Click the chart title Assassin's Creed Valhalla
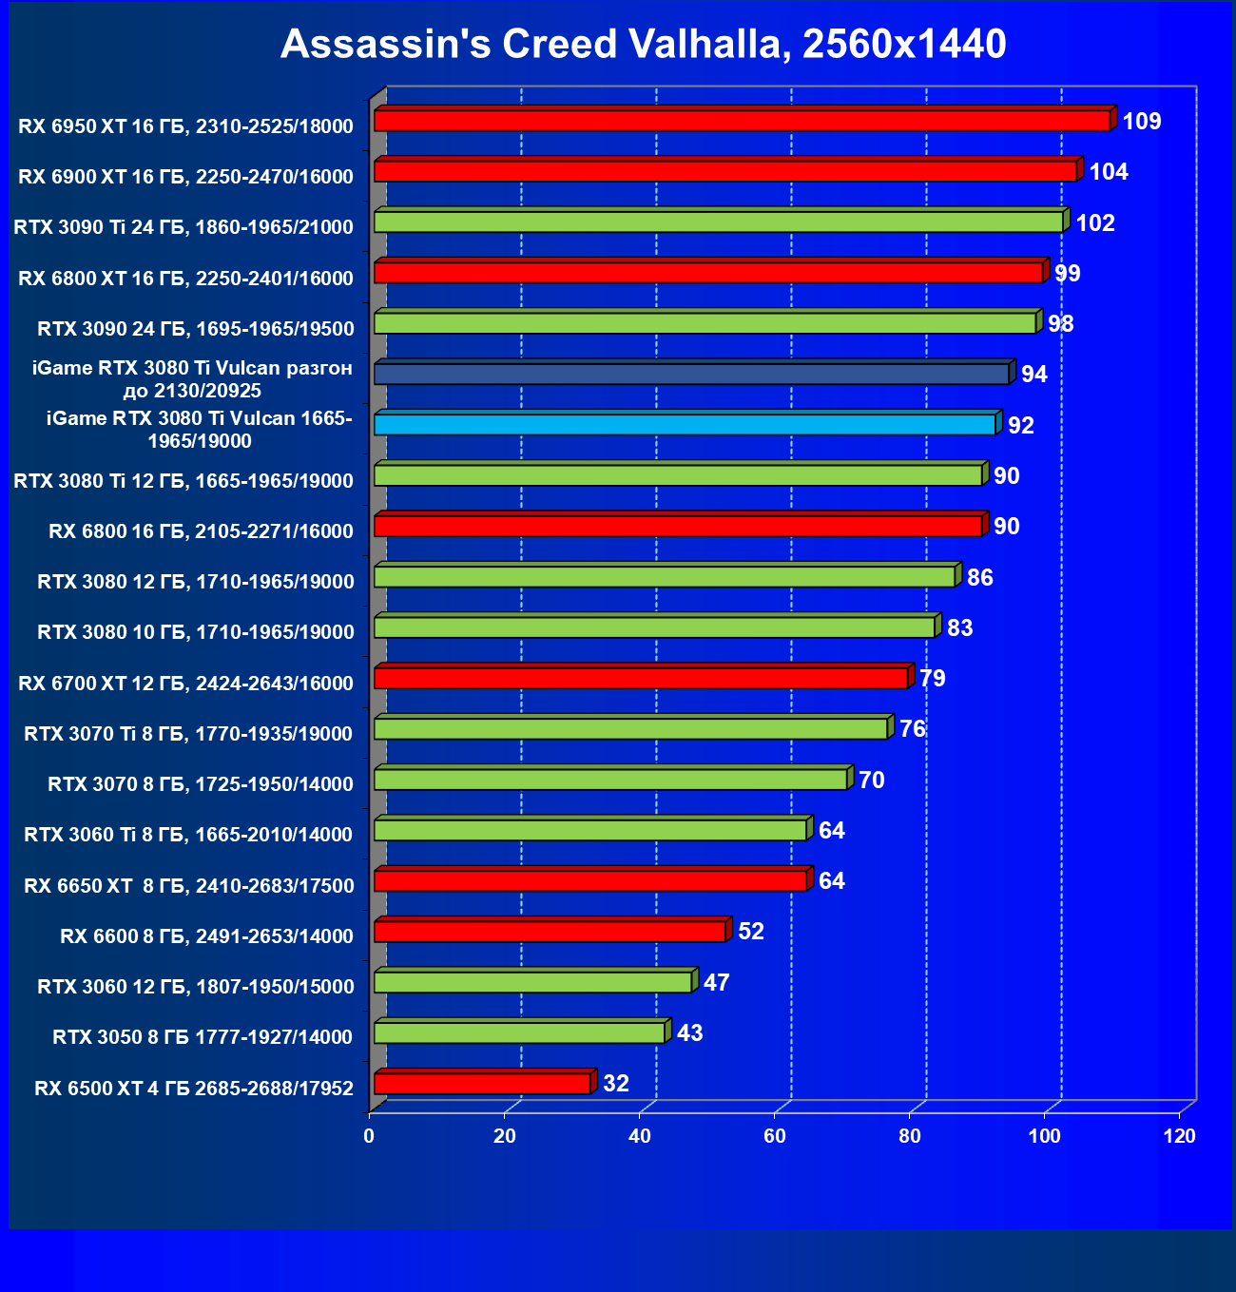[643, 44]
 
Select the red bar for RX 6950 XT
[742, 121]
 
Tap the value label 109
[1141, 122]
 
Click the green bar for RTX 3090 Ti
[718, 222]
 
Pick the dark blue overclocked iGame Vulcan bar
[691, 374]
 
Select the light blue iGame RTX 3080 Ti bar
[685, 424]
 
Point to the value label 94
[1033, 375]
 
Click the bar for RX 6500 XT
[482, 1083]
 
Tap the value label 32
[616, 1084]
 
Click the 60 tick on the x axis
[775, 1136]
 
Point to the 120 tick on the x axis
[1180, 1136]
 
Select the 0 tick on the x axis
[369, 1136]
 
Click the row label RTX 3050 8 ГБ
[203, 1037]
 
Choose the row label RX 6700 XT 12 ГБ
[185, 684]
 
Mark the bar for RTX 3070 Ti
[631, 729]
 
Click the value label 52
[751, 932]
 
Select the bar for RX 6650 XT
[590, 881]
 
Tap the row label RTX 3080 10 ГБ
[195, 632]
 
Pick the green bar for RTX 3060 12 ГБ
[532, 982]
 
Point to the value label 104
[1108, 172]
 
